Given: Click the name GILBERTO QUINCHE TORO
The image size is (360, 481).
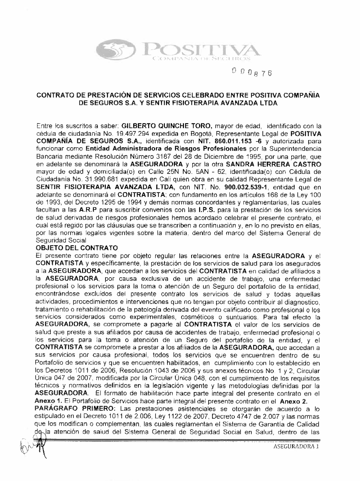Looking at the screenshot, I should pos(168,126).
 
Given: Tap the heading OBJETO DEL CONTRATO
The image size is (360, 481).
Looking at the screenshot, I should pos(77,248).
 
